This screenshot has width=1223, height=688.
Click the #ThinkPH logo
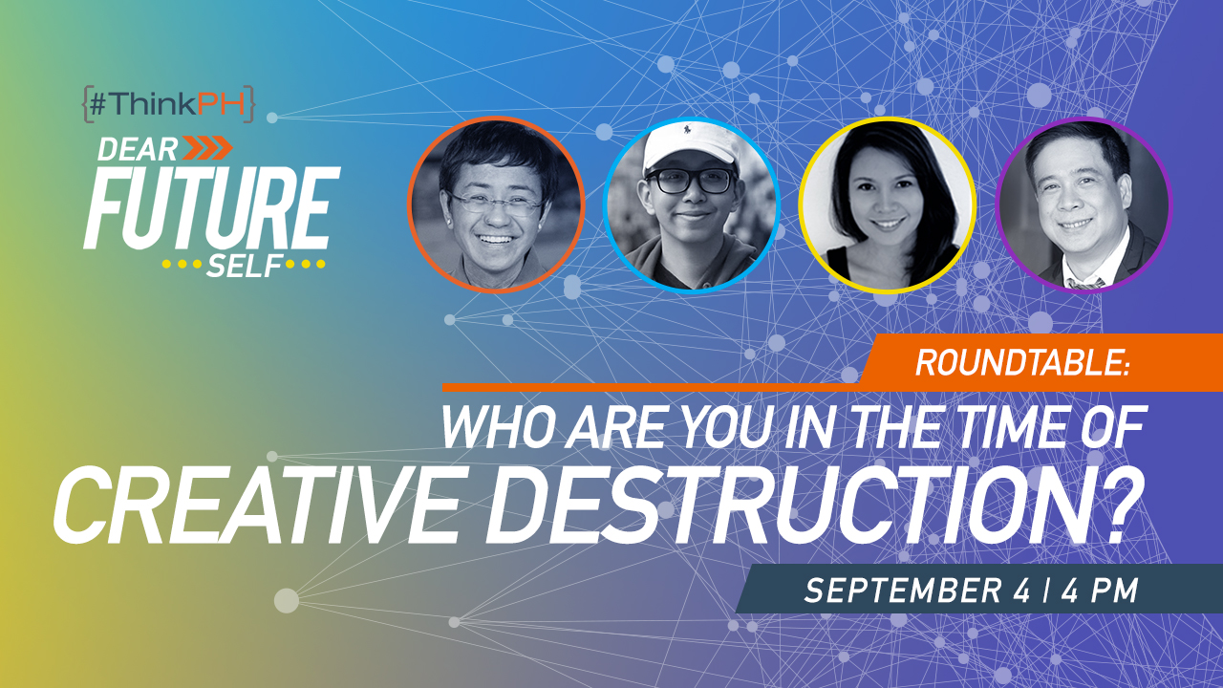point(169,104)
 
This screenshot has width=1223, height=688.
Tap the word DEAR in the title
point(138,149)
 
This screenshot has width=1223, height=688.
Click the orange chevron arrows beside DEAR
point(207,148)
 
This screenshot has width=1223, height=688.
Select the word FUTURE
point(212,208)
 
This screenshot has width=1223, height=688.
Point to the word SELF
point(244,266)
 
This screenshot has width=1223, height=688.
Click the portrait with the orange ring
point(496,204)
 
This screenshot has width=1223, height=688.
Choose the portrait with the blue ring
point(692,205)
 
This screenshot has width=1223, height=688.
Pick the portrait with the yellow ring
point(888,205)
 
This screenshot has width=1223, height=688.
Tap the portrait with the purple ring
point(1084,205)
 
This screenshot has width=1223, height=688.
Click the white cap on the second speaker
point(689,146)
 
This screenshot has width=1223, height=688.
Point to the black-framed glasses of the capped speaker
point(690,181)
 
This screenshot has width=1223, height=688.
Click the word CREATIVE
point(255,505)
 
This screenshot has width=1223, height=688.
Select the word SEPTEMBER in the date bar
point(903,591)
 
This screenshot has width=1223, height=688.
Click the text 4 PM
point(1100,591)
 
